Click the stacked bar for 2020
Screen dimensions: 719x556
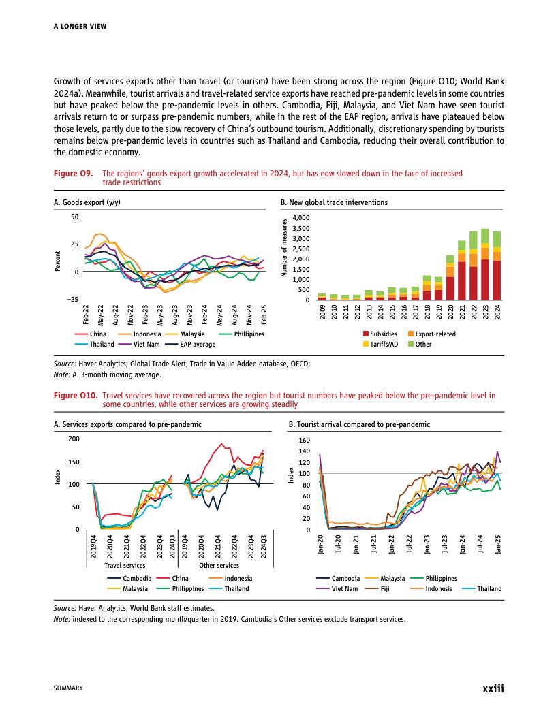(450, 278)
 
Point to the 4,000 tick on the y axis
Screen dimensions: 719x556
(300, 218)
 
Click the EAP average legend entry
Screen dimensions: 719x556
(194, 344)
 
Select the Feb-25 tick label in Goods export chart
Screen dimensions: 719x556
(264, 316)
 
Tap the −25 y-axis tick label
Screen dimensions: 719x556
(72, 300)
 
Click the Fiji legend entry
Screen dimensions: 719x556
(385, 588)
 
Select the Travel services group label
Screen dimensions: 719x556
(125, 565)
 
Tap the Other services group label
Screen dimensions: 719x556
(219, 565)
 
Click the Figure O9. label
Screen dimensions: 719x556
(73, 174)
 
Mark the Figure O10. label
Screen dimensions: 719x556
(75, 395)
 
